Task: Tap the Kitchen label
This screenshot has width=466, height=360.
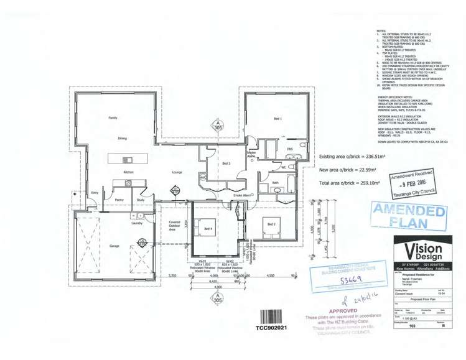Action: [x=128, y=172]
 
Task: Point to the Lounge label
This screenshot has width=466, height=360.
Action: [x=177, y=172]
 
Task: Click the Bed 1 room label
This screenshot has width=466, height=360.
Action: [x=277, y=118]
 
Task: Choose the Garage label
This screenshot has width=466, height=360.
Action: [x=114, y=246]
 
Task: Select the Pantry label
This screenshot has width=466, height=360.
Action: [x=119, y=200]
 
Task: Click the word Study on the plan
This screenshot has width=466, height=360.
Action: [x=141, y=200]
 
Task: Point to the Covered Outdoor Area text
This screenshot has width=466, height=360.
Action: [x=174, y=225]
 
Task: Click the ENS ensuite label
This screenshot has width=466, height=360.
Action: [x=289, y=150]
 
